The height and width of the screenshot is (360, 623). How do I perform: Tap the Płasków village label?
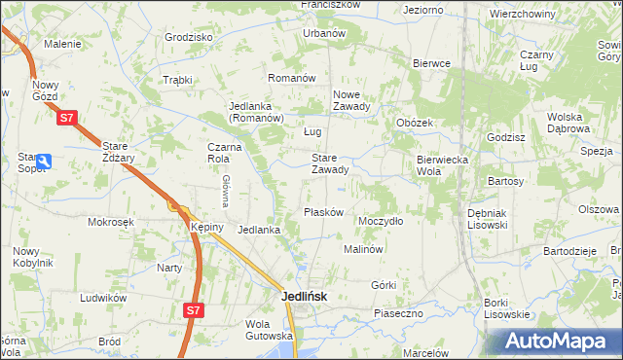321,213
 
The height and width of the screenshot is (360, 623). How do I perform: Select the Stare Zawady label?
329,163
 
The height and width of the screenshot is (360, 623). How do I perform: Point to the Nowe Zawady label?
351,101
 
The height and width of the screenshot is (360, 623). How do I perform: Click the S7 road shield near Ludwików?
195,310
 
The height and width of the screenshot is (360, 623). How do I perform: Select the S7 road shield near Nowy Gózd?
65,119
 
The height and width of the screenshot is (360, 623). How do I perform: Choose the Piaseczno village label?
398,313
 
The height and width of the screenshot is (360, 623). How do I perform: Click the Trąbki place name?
178,80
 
